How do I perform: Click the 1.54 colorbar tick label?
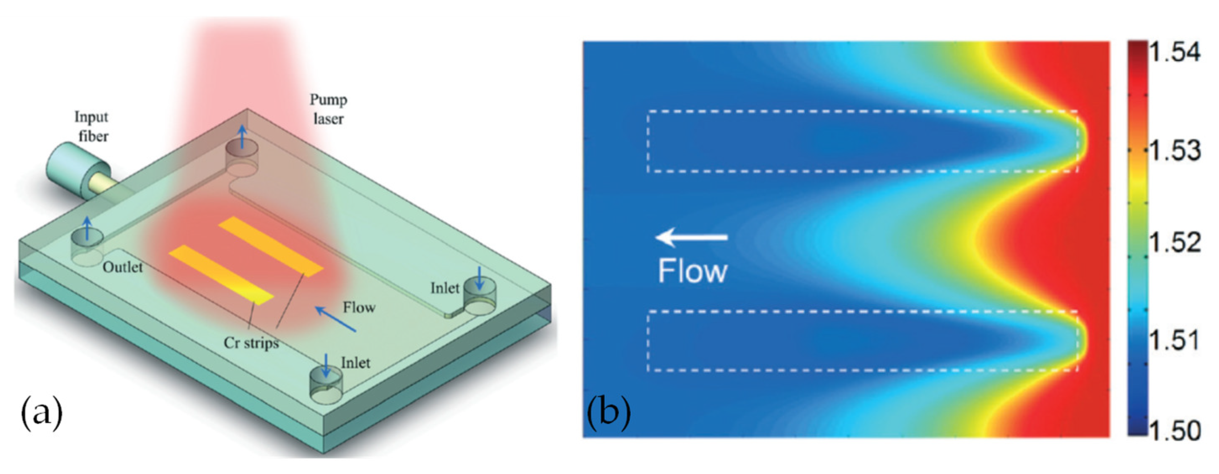1174,53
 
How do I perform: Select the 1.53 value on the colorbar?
1174,151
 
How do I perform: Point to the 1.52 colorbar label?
1174,243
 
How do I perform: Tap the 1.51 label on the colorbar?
1174,340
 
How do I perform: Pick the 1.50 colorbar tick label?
1174,430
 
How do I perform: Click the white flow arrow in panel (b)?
691,237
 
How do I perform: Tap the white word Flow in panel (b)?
692,271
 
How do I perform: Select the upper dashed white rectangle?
862,112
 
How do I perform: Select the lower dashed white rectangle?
862,312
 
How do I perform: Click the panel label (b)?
608,412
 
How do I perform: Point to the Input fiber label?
92,126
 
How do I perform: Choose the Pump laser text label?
328,109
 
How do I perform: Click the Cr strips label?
251,342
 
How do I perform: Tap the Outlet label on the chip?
123,267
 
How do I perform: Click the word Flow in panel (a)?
359,308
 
